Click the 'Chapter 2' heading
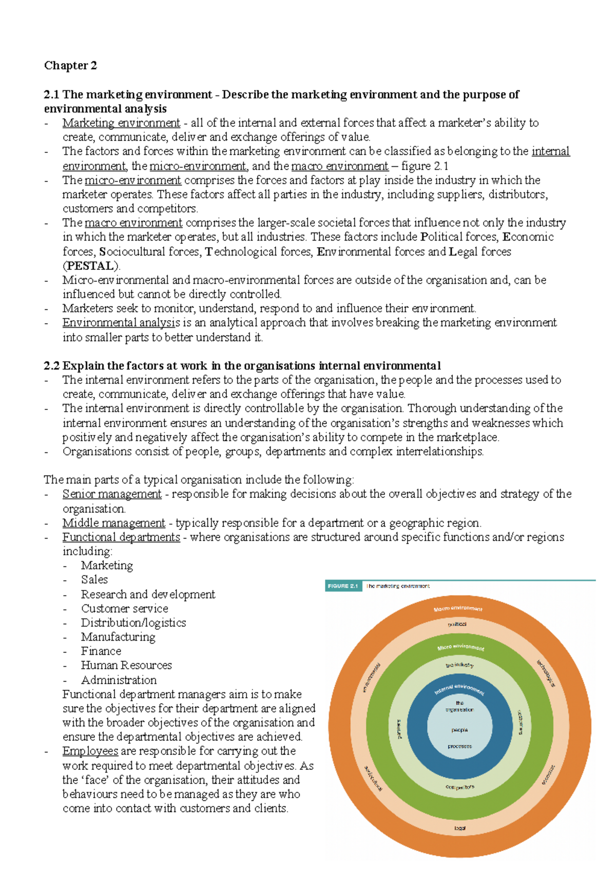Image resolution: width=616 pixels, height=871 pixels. click(70, 66)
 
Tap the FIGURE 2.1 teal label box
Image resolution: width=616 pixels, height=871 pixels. click(343, 586)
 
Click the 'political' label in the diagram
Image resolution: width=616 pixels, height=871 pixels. click(457, 624)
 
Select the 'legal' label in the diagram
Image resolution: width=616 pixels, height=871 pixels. click(460, 828)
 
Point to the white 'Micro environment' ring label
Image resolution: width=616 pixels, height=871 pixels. click(460, 647)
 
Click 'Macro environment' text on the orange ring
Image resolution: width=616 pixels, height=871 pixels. click(458, 609)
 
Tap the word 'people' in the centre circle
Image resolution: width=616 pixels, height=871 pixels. click(459, 729)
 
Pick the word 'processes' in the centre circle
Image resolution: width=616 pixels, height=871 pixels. click(459, 746)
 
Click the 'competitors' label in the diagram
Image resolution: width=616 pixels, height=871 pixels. click(460, 787)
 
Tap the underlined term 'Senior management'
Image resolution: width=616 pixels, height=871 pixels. click(112, 494)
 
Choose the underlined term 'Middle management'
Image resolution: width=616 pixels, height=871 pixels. click(114, 523)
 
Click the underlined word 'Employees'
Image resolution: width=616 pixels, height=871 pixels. click(90, 751)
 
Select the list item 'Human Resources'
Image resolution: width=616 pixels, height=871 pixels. click(126, 665)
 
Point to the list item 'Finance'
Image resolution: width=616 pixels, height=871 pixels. click(101, 651)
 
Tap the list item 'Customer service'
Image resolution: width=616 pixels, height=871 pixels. click(125, 608)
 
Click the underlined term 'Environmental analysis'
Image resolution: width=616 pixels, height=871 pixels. click(121, 323)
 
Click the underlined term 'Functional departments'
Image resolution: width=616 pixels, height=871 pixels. click(121, 537)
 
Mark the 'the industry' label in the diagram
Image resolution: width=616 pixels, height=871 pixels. click(459, 665)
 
